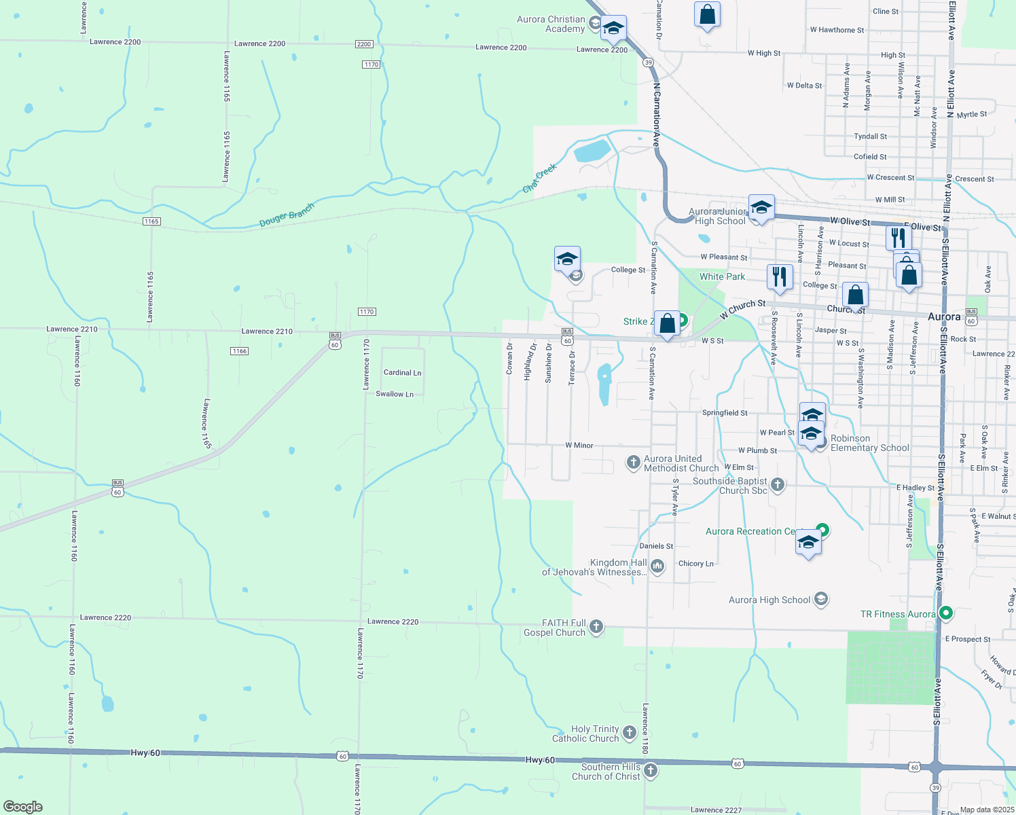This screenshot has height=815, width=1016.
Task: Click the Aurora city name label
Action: click(x=944, y=317)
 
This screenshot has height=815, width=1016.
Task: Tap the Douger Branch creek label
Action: click(x=287, y=215)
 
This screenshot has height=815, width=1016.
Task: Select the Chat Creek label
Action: click(x=540, y=178)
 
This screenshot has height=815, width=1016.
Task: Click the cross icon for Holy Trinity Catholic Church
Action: click(x=630, y=731)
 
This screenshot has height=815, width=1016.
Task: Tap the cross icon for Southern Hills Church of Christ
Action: click(x=651, y=770)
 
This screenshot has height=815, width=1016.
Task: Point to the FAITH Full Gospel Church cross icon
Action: click(x=596, y=626)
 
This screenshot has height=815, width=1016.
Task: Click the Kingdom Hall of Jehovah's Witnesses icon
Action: click(x=657, y=566)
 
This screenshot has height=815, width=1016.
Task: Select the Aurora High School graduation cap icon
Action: click(x=821, y=599)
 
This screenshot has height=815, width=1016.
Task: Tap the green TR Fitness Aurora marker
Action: click(x=946, y=613)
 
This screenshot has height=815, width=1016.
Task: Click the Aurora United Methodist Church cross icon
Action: click(x=633, y=463)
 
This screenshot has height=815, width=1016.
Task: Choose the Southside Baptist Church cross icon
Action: click(x=778, y=484)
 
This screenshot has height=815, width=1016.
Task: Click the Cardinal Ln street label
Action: click(x=402, y=373)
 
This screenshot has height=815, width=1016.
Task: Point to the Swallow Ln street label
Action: click(x=395, y=394)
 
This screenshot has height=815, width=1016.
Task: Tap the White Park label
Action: click(x=722, y=276)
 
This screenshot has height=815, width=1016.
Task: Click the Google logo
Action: click(x=22, y=806)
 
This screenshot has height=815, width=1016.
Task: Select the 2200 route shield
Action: click(x=364, y=44)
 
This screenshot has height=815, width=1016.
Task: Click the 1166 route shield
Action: click(x=239, y=351)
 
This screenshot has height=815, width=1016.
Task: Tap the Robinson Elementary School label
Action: click(x=869, y=443)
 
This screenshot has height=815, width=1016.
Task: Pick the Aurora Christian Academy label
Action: click(x=550, y=24)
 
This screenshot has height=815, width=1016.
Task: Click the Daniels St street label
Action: click(x=656, y=546)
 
